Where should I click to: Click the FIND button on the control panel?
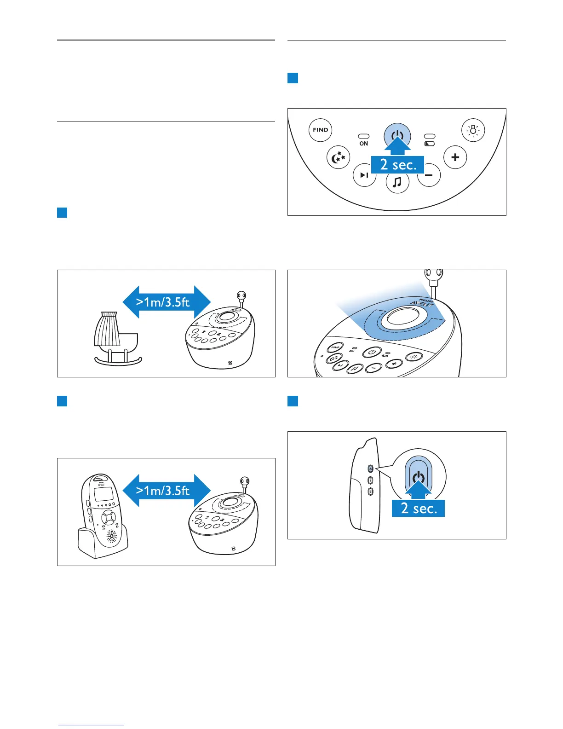320,130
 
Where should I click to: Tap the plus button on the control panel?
455,157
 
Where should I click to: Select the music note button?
397,182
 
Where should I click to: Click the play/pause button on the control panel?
364,175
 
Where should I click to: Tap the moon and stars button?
338,157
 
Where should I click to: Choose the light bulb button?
473,130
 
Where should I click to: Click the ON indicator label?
363,144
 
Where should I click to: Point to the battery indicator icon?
430,144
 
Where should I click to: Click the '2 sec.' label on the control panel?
397,165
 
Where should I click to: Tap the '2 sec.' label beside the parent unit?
418,508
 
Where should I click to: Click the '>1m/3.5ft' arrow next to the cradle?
166,302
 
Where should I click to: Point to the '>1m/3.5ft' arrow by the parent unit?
166,491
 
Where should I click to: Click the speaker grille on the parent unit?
112,536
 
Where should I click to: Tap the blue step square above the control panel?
293,78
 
